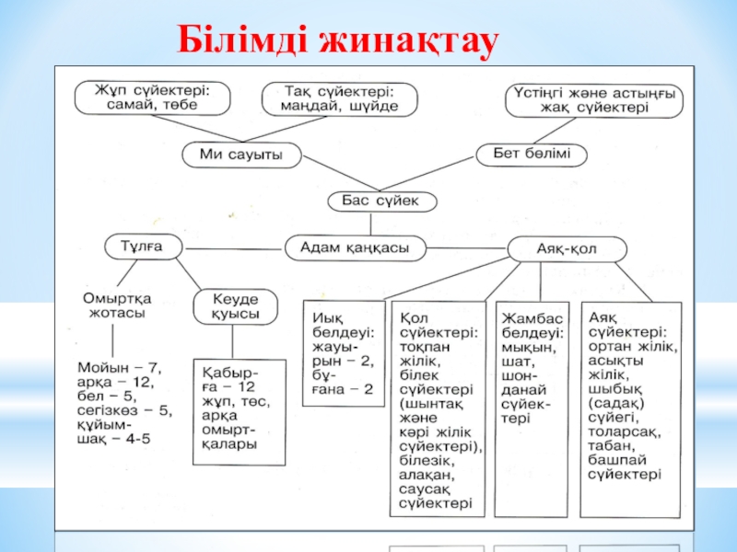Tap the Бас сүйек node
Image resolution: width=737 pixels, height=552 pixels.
point(369,201)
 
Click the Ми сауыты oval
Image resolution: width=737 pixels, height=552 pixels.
point(242,155)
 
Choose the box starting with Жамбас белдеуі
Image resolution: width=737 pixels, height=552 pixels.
point(531,368)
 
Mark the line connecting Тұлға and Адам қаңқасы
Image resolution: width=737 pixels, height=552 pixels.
point(231,247)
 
